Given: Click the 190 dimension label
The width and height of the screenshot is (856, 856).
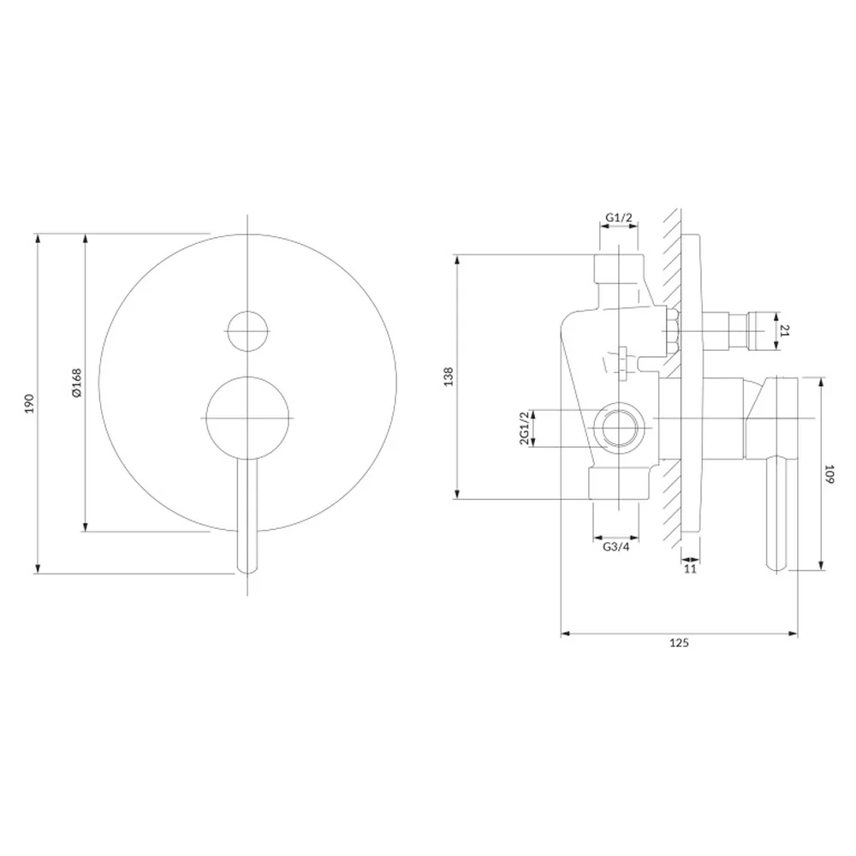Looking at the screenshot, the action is point(29,403).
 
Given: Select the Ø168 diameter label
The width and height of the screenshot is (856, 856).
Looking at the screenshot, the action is point(76,383).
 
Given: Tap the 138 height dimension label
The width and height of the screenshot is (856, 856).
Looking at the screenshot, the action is point(449,377).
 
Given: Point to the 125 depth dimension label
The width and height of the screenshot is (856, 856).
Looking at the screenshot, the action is point(679,643).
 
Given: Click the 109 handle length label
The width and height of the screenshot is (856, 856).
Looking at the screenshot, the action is point(829,474).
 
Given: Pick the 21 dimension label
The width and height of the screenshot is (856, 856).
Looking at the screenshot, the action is point(784,330).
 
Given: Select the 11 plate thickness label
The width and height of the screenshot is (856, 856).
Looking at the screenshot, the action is point(690,569).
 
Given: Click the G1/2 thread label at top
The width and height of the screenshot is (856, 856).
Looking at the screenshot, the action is point(619,217).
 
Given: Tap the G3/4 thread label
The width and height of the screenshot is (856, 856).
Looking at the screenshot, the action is point(615,546).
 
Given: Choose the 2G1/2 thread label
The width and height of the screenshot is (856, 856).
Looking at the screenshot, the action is point(524,428).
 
